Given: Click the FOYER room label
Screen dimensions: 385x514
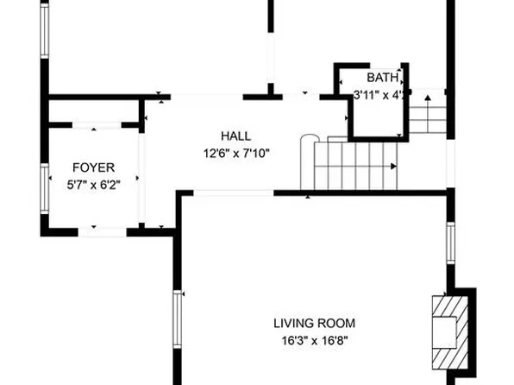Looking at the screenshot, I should [92, 167].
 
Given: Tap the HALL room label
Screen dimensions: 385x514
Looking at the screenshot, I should [235, 136].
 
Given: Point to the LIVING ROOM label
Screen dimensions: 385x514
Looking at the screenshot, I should [314, 324].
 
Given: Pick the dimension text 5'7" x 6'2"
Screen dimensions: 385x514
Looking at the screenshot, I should [92, 184].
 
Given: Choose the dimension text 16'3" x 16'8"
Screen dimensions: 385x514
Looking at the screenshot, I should [314, 340].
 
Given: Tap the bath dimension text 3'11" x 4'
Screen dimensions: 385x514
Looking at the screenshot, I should [373, 95].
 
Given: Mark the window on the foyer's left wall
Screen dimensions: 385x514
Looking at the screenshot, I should [45, 186].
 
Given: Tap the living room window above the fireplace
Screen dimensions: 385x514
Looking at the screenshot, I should [449, 242].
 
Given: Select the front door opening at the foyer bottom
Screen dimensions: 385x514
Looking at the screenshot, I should [103, 230].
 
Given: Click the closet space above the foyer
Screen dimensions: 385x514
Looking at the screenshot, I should [92, 111].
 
